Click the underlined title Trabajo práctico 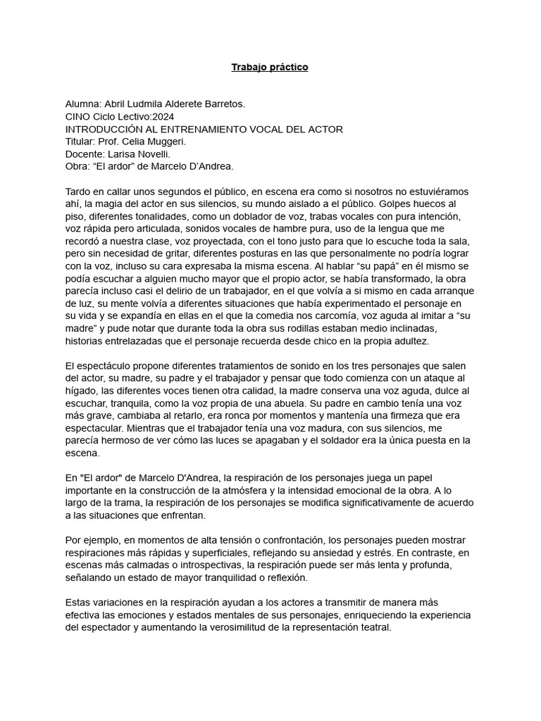point(270,68)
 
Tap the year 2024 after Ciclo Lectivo point(163,117)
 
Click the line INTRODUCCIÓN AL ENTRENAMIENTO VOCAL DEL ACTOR point(204,130)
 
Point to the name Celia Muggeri point(158,142)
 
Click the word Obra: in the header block point(77,166)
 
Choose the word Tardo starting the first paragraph point(78,192)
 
